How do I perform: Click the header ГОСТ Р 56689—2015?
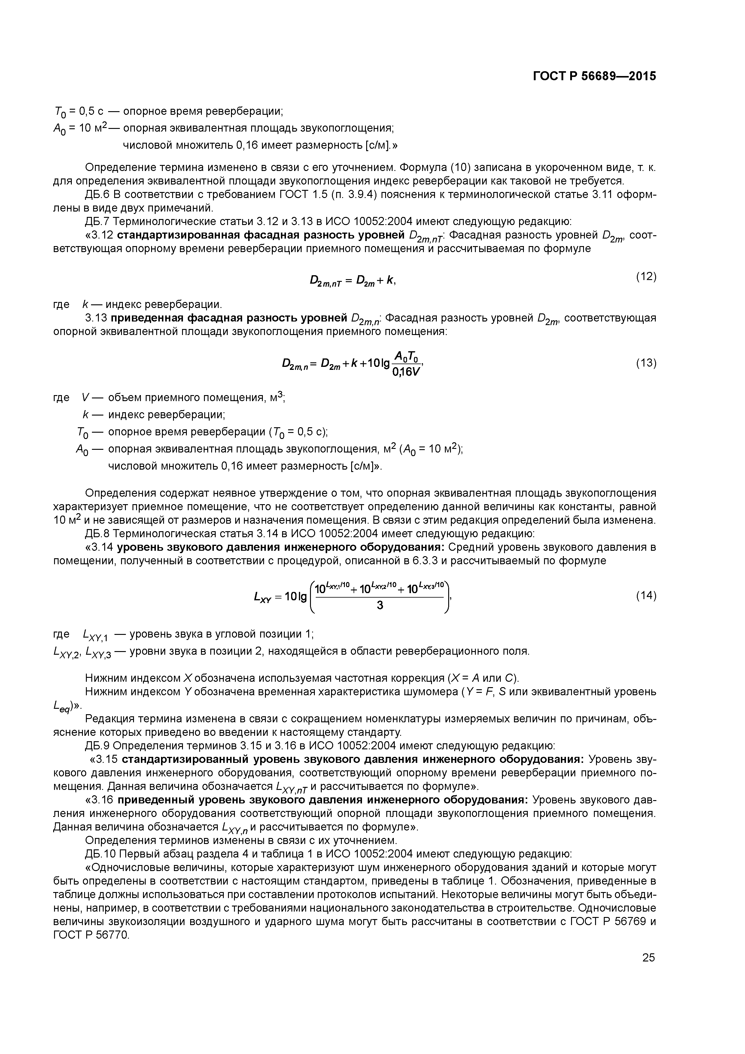tap(594, 76)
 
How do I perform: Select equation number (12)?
tap(646, 276)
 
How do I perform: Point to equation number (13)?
tap(646, 363)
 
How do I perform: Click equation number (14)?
tap(646, 596)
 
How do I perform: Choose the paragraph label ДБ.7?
tap(97, 222)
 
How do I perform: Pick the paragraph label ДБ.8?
tap(97, 534)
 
